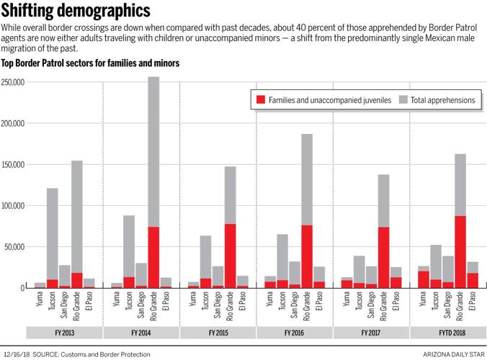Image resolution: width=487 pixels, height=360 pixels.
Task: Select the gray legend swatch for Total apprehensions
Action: [403, 100]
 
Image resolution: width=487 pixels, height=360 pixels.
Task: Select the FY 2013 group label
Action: [65, 333]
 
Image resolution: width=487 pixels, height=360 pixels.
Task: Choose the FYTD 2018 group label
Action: [447, 333]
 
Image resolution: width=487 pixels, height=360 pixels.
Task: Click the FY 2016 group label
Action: [294, 333]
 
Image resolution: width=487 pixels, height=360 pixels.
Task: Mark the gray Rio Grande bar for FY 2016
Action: [307, 180]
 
